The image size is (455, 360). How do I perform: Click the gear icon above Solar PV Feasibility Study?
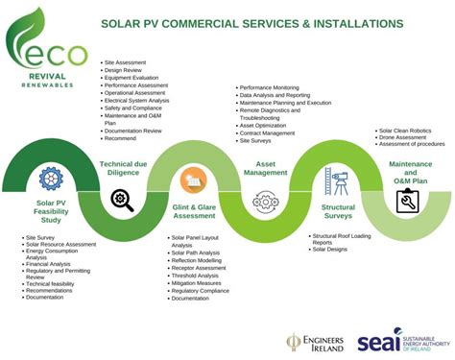[49, 178]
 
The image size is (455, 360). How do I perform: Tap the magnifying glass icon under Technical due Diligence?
[122, 200]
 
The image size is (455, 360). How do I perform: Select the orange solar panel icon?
[190, 178]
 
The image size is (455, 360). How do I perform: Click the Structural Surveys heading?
[338, 211]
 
